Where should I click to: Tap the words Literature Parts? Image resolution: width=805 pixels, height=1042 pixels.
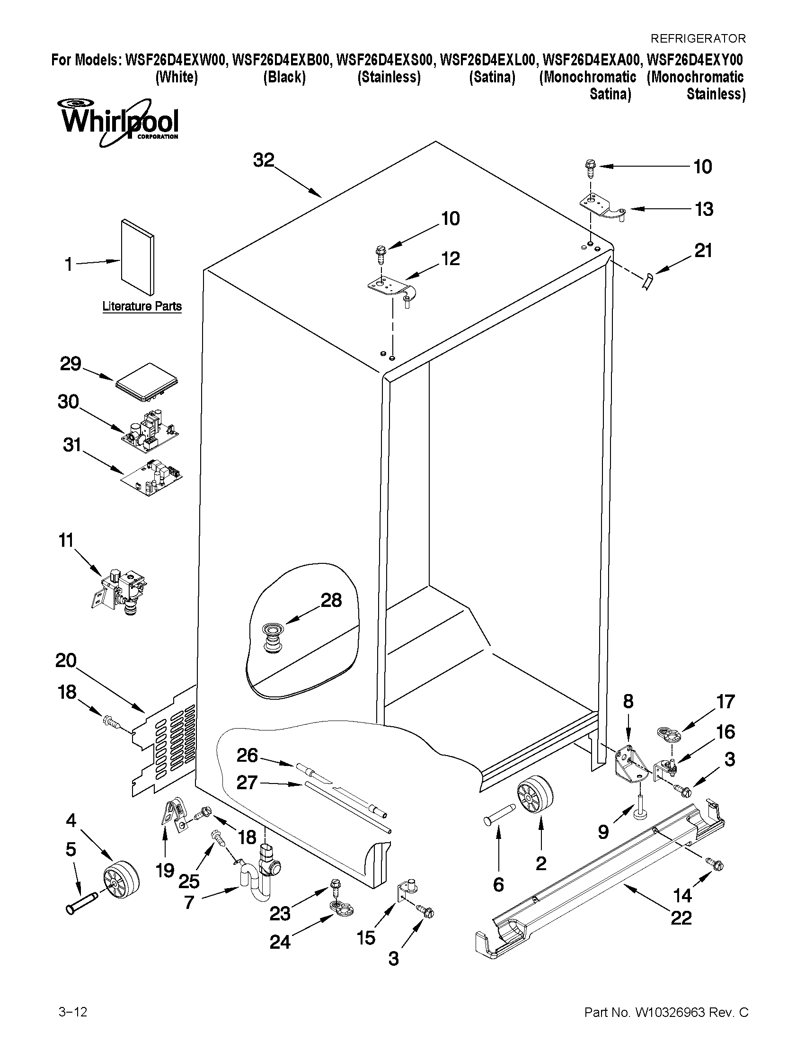(142, 306)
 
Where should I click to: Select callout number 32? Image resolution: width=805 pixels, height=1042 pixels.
(264, 160)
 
